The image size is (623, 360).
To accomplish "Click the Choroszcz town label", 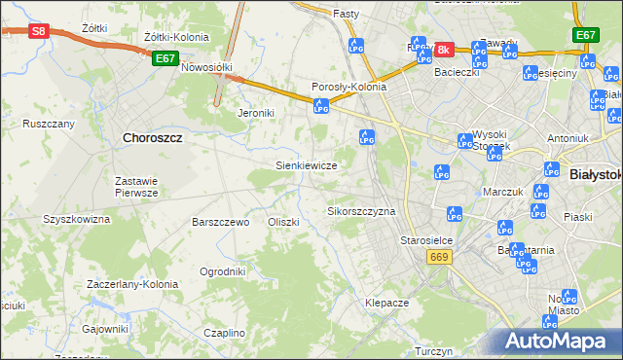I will (x=153, y=138).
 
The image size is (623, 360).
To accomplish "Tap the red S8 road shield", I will (x=38, y=31).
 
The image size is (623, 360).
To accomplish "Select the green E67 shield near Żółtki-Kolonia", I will (x=165, y=58).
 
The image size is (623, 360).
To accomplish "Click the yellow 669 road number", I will (x=437, y=256).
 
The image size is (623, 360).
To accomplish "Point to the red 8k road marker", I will (x=444, y=49).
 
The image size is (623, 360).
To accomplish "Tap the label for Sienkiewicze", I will (x=307, y=165).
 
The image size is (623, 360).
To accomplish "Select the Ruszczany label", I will (x=49, y=124).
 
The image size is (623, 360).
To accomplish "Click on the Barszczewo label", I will (x=221, y=222).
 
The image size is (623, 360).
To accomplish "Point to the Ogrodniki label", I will (x=222, y=271).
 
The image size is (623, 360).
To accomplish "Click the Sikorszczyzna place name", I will (x=361, y=211).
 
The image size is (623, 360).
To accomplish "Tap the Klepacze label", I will (x=386, y=303).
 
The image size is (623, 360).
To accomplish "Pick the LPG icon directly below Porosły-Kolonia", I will (x=321, y=109).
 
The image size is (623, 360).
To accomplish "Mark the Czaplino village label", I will (x=225, y=333).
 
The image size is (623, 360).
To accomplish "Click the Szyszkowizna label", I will (x=76, y=219).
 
